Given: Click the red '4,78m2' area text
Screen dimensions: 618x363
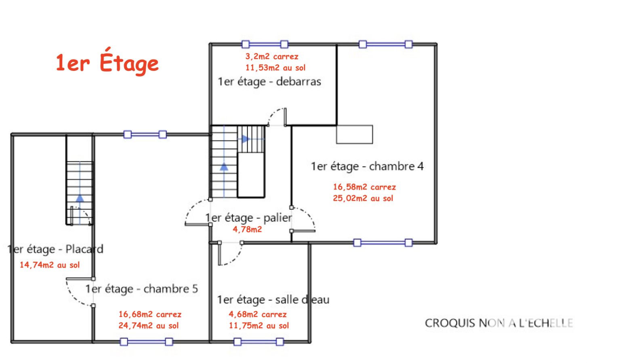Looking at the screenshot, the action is point(247,229).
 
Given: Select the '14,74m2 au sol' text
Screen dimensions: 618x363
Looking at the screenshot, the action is point(50,265).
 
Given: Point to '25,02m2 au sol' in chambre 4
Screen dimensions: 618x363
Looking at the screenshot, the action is point(363,198).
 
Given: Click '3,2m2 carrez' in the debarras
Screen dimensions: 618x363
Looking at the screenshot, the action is point(272,57).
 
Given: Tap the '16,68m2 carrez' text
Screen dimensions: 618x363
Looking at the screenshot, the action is point(150,314).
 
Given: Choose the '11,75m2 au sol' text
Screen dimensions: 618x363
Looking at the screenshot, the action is point(259,325).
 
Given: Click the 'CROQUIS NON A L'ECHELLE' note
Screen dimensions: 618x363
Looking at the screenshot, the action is point(499,323).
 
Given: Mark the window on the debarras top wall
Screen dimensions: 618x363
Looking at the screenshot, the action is point(265,44).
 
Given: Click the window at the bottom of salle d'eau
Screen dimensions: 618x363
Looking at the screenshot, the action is point(259,342).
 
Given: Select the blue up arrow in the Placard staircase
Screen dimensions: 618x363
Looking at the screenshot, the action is point(80,198).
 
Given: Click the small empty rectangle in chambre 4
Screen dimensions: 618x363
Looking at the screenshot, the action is point(355,135).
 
